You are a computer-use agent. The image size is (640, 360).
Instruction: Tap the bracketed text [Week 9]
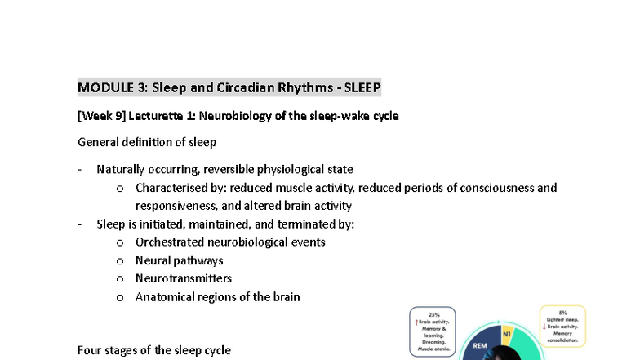coord(101,116)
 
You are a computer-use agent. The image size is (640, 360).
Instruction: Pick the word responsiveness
coord(176,206)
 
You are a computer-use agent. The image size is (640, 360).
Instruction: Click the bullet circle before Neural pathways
coord(120,261)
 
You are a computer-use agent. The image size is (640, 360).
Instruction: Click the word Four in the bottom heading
coord(91,350)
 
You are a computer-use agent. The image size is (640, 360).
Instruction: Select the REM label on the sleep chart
coord(480,346)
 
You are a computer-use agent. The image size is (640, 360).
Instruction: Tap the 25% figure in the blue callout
coord(433,313)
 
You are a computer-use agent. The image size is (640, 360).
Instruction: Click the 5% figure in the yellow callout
coord(562,313)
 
